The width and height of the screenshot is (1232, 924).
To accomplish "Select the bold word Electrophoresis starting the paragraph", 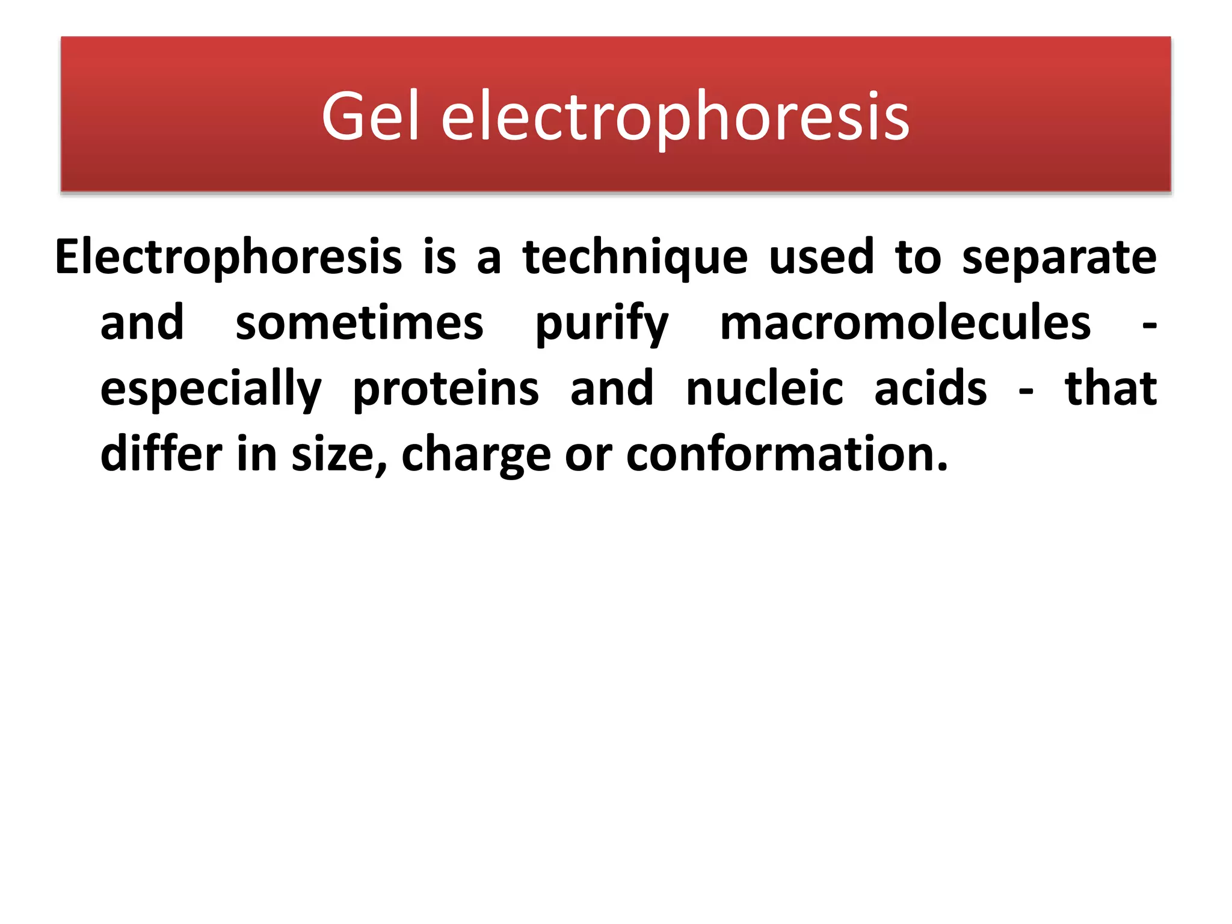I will tap(228, 257).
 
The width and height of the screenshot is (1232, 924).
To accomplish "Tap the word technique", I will tap(635, 257).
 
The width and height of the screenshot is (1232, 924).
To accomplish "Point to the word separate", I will tap(1059, 257).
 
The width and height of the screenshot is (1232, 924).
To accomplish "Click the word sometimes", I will tap(359, 323).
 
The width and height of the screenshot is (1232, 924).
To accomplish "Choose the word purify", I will tap(602, 325).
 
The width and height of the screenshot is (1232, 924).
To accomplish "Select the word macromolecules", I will tap(905, 323).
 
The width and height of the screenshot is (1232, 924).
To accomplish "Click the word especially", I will tap(211, 389).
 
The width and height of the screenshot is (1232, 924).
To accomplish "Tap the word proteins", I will tap(446, 389).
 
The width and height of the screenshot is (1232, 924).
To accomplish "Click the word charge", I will tap(476, 456).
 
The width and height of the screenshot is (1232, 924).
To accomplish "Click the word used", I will tap(821, 257).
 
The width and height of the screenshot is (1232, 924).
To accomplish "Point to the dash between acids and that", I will tap(1026, 391).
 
